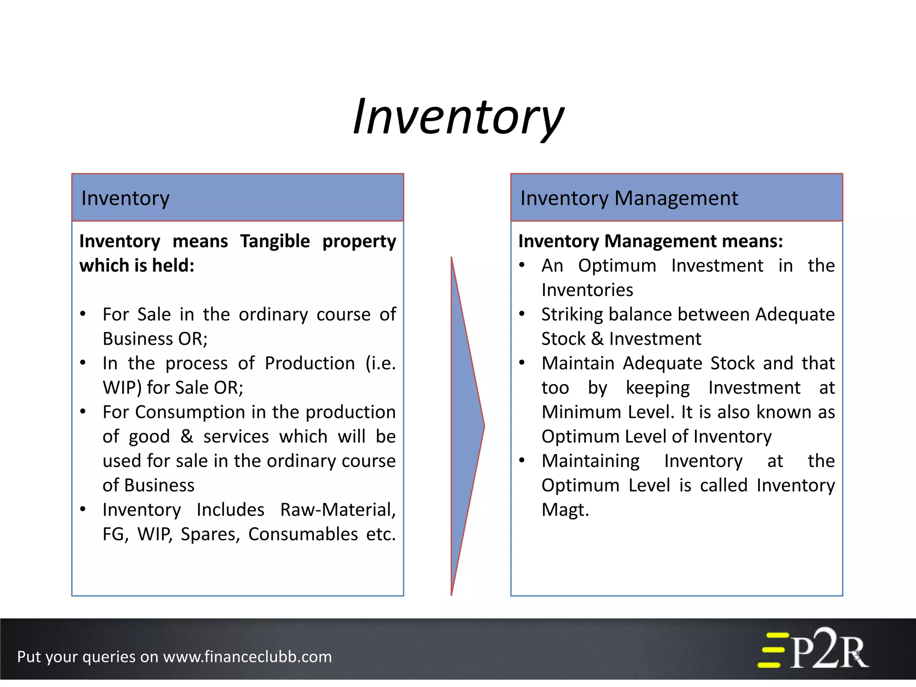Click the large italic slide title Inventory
[458, 117]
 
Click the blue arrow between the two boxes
[465, 425]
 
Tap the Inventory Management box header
[676, 198]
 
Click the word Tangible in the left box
[275, 242]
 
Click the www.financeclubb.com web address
[247, 657]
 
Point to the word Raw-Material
[338, 510]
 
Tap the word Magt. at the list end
[565, 510]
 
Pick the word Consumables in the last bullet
[303, 534]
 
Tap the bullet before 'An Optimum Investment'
[522, 265]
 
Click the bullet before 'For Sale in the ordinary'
[83, 314]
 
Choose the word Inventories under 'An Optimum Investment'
[587, 290]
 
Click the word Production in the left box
[310, 364]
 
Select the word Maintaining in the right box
[590, 461]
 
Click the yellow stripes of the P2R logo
[772, 650]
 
